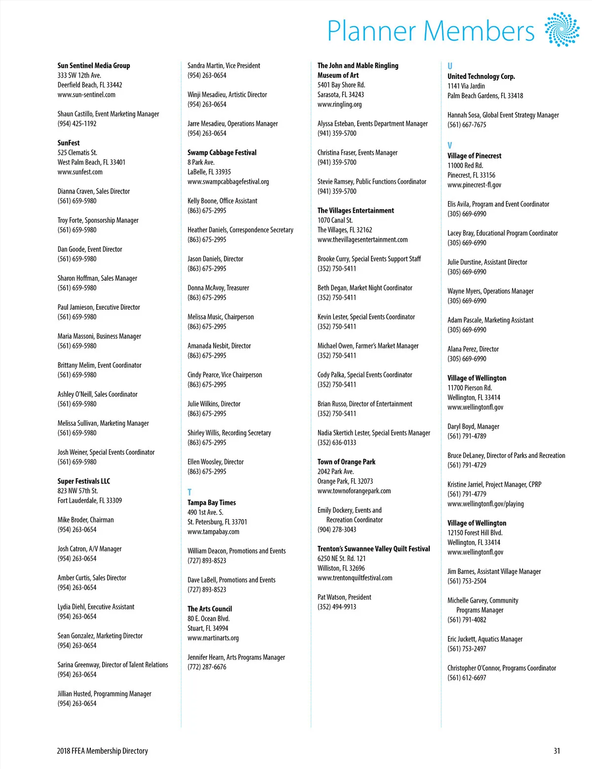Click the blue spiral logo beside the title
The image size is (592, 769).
click(562, 30)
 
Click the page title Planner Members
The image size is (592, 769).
click(431, 31)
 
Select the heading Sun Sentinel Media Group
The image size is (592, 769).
click(94, 66)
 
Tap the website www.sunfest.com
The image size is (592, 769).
click(80, 172)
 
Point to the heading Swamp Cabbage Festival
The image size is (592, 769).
click(222, 153)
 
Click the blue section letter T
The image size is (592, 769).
click(189, 492)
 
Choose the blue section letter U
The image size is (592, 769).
click(450, 66)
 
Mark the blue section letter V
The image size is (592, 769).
click(450, 146)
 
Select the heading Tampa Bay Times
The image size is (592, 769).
click(212, 502)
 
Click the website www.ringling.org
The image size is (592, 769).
click(339, 104)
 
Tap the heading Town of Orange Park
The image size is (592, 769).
click(346, 462)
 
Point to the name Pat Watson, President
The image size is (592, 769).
click(344, 597)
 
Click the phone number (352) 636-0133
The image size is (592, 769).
click(337, 443)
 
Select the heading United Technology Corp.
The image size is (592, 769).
click(481, 77)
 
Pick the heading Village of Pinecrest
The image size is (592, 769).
click(474, 156)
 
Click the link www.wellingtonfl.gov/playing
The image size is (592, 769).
click(485, 504)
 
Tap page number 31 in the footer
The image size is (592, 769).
click(556, 751)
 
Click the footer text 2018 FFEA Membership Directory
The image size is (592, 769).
click(102, 751)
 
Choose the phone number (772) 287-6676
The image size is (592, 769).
click(207, 667)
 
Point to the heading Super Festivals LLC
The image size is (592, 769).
click(84, 481)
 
